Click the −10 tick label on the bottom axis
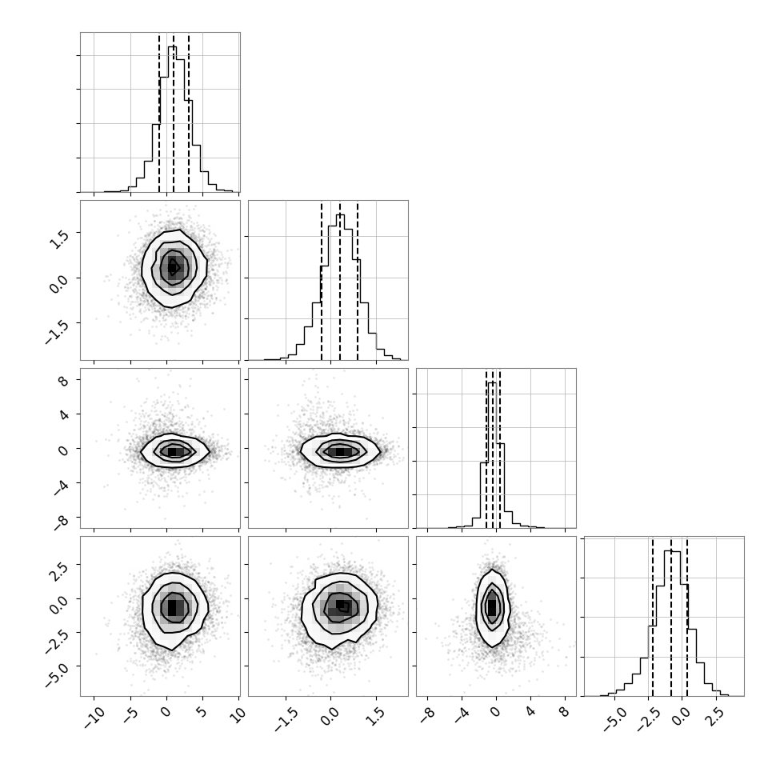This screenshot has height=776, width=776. [94, 718]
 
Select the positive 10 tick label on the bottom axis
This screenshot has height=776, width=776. [238, 716]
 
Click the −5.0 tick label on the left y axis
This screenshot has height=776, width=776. [57, 675]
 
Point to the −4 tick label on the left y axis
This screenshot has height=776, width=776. [61, 487]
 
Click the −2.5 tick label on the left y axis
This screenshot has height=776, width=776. [57, 641]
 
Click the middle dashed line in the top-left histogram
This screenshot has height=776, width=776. [174, 113]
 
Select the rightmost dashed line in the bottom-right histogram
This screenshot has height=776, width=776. [687, 617]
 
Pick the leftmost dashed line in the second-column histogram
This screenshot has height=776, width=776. [321, 281]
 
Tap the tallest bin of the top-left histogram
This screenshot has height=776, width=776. [172, 118]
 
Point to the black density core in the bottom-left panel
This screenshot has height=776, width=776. [172, 607]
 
